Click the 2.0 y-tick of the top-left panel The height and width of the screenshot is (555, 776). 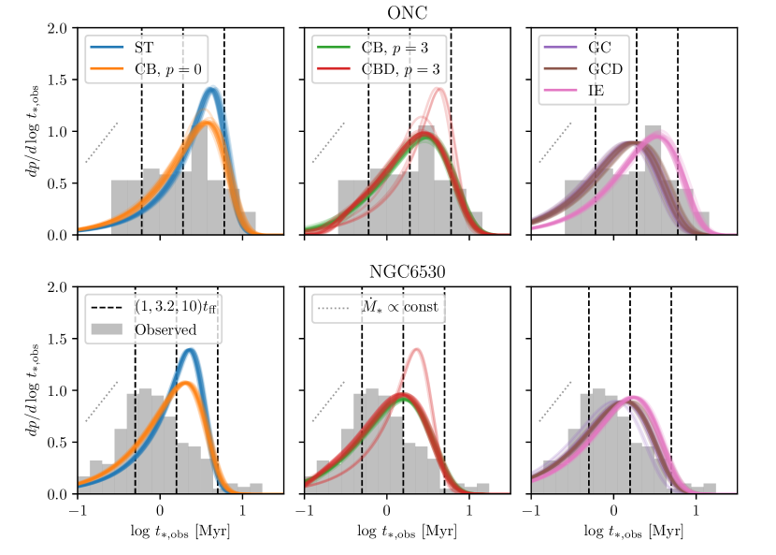[58, 28]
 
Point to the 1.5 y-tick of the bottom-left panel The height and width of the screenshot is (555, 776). [58, 339]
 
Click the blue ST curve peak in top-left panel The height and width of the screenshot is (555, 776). [211, 90]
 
